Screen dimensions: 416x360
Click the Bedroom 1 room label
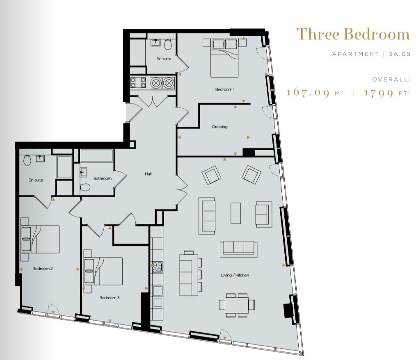click(x=225, y=89)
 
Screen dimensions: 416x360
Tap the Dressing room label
click(x=219, y=127)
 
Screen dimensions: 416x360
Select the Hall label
click(x=148, y=174)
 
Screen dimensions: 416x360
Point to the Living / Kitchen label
click(x=235, y=275)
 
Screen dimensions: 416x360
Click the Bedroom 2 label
click(x=42, y=269)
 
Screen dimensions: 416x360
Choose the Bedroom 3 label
click(x=109, y=298)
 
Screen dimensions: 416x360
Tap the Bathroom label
click(x=103, y=178)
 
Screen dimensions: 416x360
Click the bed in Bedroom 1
click(x=224, y=58)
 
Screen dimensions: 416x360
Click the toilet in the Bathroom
click(x=85, y=187)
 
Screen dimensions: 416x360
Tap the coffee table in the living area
click(x=235, y=213)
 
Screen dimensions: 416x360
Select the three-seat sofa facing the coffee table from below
click(x=238, y=249)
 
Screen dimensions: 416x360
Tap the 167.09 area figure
click(x=308, y=92)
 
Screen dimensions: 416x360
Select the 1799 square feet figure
click(x=378, y=93)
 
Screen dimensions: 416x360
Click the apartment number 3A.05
click(x=400, y=54)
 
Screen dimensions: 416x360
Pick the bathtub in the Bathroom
click(x=96, y=156)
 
